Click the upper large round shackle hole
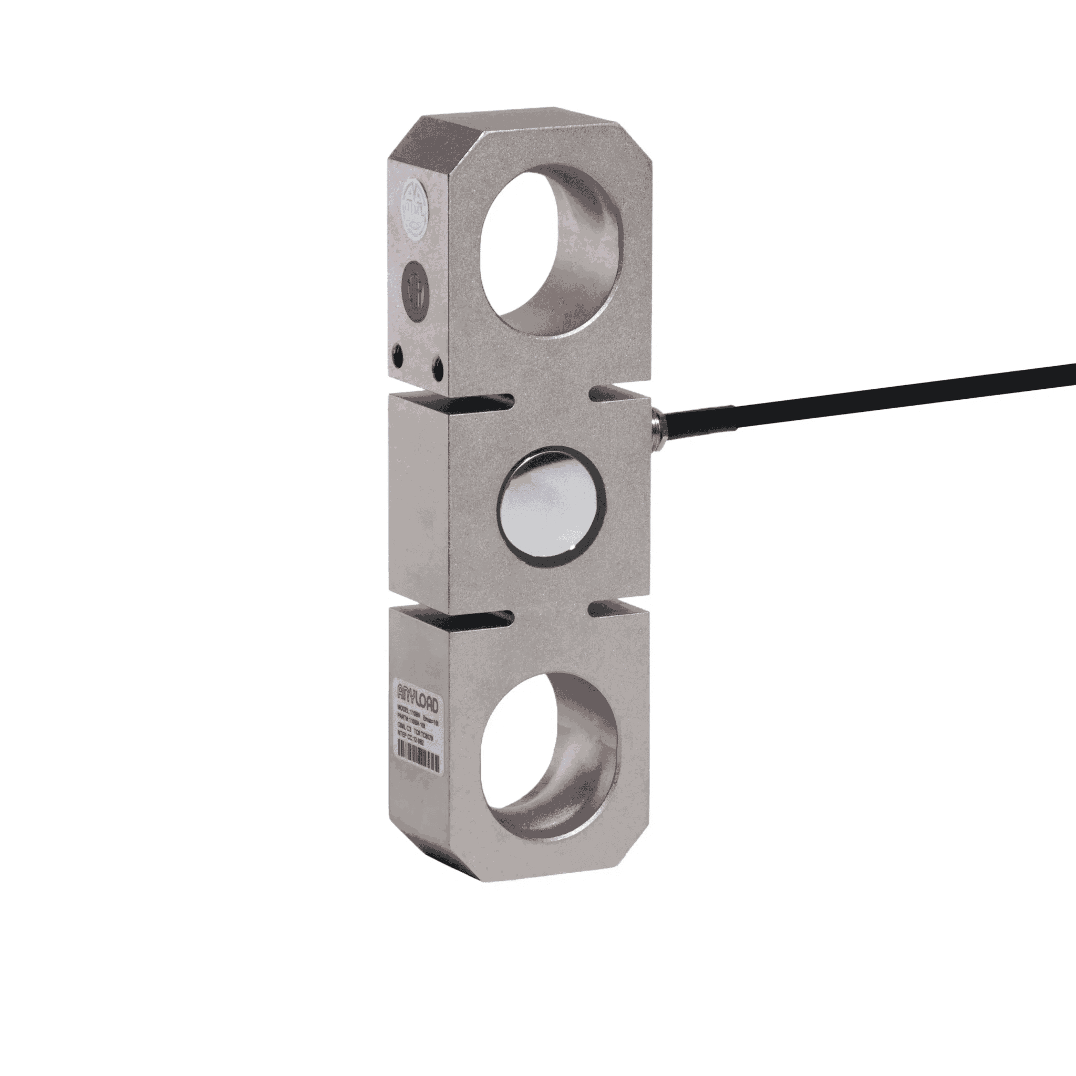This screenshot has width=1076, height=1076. (548, 250)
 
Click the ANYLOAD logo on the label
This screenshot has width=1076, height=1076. (418, 696)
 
